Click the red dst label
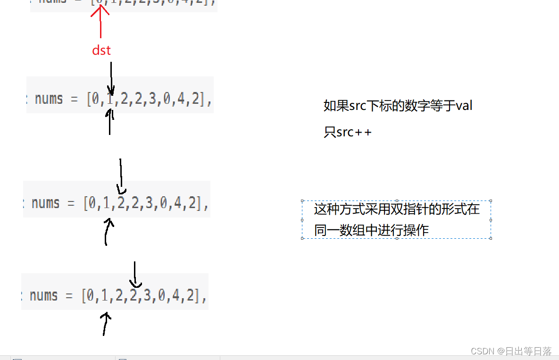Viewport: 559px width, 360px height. coord(101,50)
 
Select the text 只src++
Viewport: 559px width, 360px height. coord(348,132)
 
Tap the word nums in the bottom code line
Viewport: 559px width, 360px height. coord(44,296)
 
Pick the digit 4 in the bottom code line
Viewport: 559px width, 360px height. coord(178,296)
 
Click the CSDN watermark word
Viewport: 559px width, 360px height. coord(482,351)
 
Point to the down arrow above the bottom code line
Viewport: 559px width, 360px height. coord(135,275)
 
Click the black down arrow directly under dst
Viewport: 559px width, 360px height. coord(111,78)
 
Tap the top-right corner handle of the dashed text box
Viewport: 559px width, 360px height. coord(491,201)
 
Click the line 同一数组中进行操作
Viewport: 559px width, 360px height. coord(371,230)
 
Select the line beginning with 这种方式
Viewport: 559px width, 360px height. coord(396,209)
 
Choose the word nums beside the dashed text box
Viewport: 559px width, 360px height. coord(46,203)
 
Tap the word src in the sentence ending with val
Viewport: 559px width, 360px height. coord(358,106)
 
